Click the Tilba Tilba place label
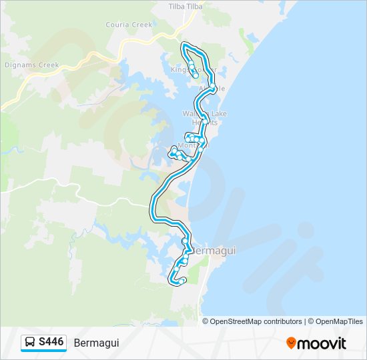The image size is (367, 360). click(185, 6)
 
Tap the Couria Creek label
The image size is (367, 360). click(129, 25)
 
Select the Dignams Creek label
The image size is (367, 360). click(32, 65)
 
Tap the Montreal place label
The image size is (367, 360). click(194, 145)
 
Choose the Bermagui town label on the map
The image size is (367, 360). click(214, 251)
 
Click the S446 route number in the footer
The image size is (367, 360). click(51, 342)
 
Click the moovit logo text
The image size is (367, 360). click(322, 343)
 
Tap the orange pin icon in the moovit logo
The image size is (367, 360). click(291, 343)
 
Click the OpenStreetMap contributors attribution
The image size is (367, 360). click(256, 321)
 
